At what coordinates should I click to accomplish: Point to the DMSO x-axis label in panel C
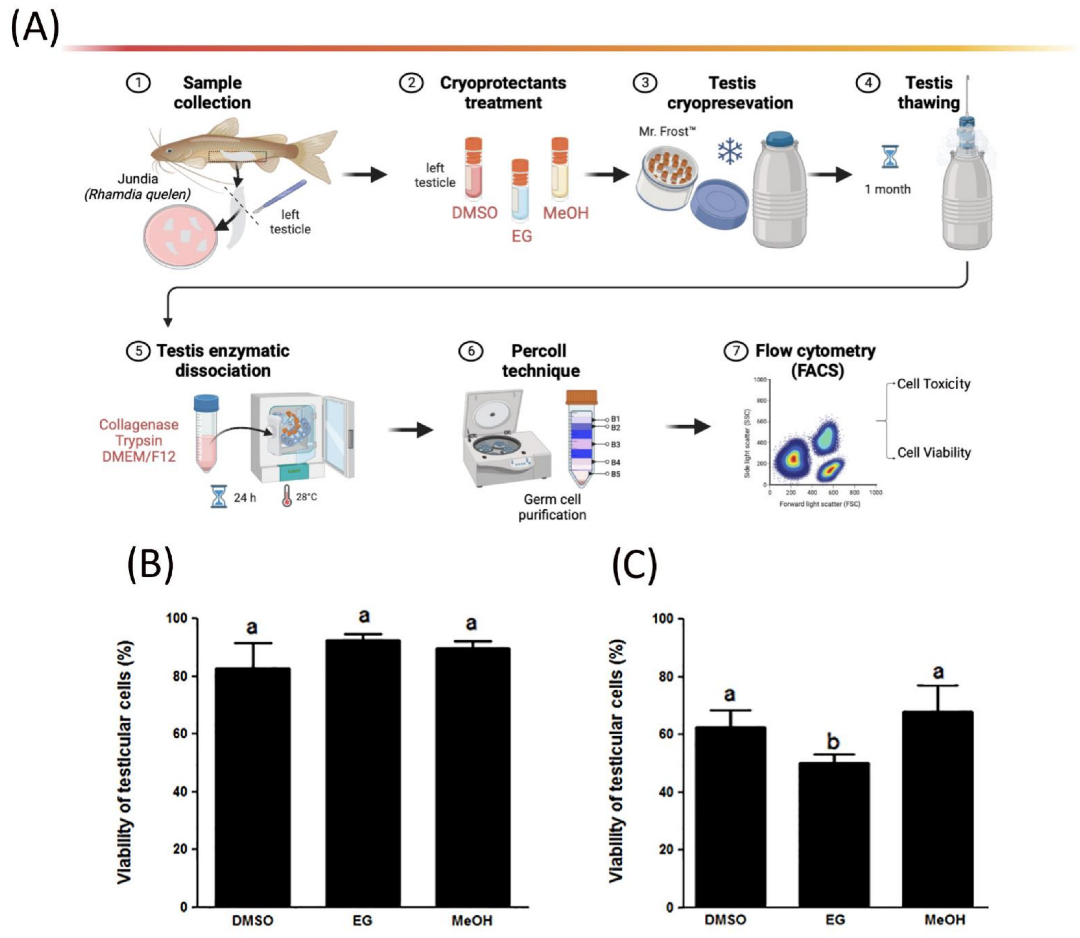(726, 920)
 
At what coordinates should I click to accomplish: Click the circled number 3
(645, 83)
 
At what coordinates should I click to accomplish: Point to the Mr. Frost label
(666, 131)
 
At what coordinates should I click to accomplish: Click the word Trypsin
(139, 441)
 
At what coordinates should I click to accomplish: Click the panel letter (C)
(634, 566)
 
